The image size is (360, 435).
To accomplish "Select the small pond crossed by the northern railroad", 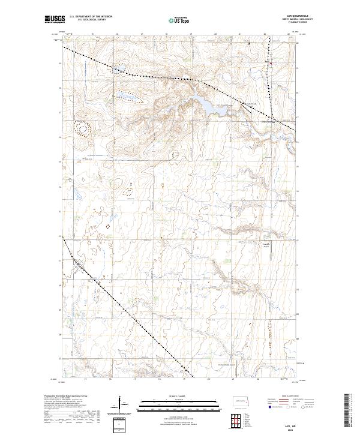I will pyautogui.click(x=118, y=69).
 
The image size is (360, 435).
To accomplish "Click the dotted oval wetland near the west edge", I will pyautogui.click(x=80, y=127).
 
